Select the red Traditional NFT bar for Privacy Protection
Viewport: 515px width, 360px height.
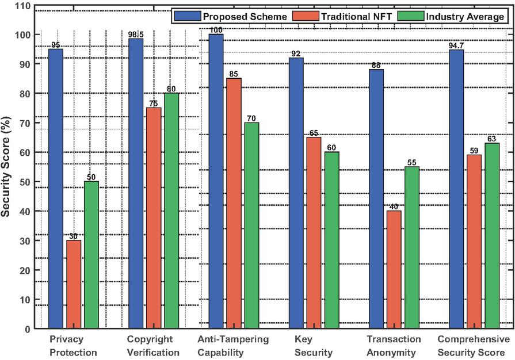74,284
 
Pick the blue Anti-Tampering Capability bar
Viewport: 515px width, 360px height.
216,181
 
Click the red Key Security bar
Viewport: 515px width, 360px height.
314,233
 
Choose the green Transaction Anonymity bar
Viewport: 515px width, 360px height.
411,247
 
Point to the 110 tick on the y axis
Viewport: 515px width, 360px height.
22,5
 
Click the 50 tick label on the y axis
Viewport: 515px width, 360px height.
24,182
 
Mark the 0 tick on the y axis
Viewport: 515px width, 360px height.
26,329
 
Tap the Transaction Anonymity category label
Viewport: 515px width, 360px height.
394,346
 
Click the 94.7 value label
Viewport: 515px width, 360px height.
456,45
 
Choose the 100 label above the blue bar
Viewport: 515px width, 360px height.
216,30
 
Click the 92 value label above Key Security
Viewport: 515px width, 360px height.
296,53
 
